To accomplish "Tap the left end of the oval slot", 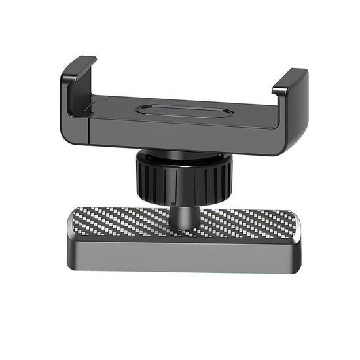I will [140, 110].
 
